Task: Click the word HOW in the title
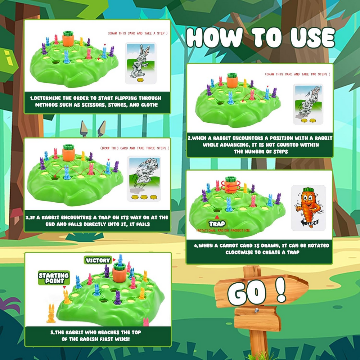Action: point(214,37)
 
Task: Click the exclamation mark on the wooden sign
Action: point(281,289)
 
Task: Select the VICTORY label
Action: point(98,260)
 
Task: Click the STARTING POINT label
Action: point(54,278)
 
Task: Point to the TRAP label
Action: point(217,224)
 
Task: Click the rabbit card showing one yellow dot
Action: point(141,63)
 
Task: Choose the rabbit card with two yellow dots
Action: point(308,104)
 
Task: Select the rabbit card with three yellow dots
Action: point(144,179)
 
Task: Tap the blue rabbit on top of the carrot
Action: point(120,260)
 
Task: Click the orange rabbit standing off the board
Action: point(51,313)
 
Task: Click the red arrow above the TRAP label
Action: point(217,217)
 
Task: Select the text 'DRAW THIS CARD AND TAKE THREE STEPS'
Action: point(135,148)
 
